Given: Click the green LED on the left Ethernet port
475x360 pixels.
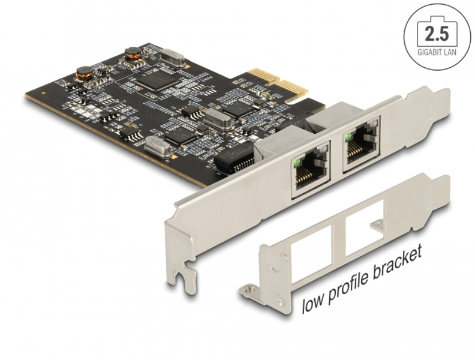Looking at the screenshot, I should click(296, 161).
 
